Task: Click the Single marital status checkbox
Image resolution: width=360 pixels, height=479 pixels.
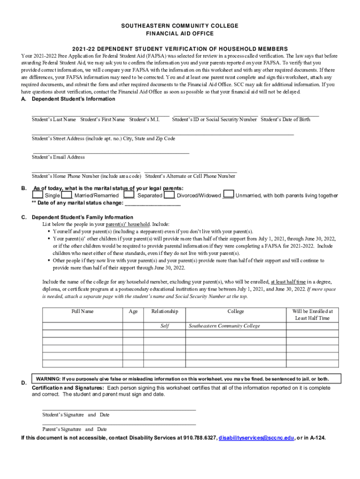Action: (x=37, y=195)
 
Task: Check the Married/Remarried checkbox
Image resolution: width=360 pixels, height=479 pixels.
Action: (x=67, y=195)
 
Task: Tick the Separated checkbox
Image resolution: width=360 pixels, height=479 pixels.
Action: (x=130, y=195)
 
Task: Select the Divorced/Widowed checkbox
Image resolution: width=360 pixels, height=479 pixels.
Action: (x=169, y=195)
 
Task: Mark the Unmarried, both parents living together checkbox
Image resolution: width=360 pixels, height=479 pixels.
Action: (x=229, y=195)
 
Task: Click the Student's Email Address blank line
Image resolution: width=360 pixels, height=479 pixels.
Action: (x=110, y=152)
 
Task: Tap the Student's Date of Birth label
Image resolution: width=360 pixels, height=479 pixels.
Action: (x=285, y=120)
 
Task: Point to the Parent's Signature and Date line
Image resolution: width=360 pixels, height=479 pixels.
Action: (x=119, y=424)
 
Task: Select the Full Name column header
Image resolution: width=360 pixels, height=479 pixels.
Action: (x=82, y=312)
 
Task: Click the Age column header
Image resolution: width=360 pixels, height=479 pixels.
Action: (x=133, y=312)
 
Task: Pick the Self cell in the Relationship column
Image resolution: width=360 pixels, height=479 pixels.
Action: (x=165, y=326)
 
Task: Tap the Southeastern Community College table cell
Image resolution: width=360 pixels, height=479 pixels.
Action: (x=224, y=326)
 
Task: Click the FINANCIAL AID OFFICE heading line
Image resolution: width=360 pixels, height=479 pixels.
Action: (x=180, y=34)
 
